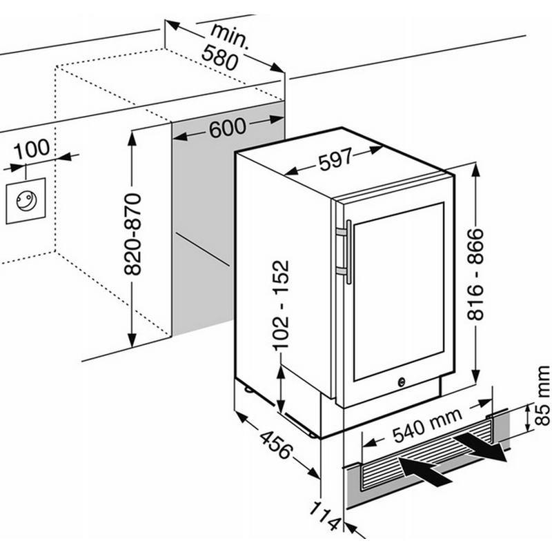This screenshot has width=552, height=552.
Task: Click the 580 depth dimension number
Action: point(220,58)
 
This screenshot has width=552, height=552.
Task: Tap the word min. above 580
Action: point(230,35)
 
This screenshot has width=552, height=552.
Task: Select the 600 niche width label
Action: point(228,128)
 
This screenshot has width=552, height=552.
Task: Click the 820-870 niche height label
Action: point(132,234)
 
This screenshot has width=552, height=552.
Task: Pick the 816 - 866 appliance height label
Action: point(475,274)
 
